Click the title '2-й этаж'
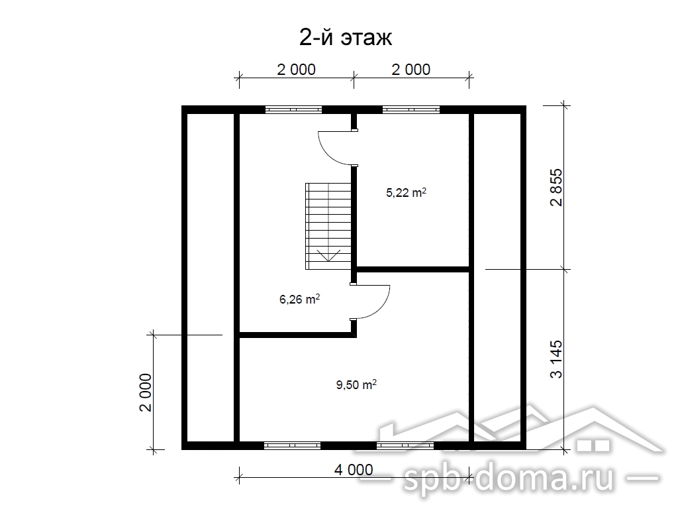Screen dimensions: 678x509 [346, 38]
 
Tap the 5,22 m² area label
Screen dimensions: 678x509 [406, 192]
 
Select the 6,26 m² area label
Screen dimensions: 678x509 [300, 299]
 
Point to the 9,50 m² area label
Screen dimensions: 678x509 [356, 384]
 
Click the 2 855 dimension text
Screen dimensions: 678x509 [556, 187]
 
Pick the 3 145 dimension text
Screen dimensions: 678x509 [556, 359]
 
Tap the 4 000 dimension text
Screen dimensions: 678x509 [354, 469]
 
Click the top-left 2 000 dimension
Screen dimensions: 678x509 [296, 69]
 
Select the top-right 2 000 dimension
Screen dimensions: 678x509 [411, 69]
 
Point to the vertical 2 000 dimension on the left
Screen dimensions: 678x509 [146, 392]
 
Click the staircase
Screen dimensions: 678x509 [328, 226]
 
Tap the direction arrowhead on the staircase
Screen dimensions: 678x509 [328, 255]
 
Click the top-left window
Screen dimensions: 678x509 [293, 109]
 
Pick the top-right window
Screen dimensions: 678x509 [411, 109]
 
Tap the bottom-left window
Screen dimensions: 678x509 [292, 445]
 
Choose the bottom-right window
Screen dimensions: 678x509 [405, 445]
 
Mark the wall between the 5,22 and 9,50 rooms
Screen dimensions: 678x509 [413, 269]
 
